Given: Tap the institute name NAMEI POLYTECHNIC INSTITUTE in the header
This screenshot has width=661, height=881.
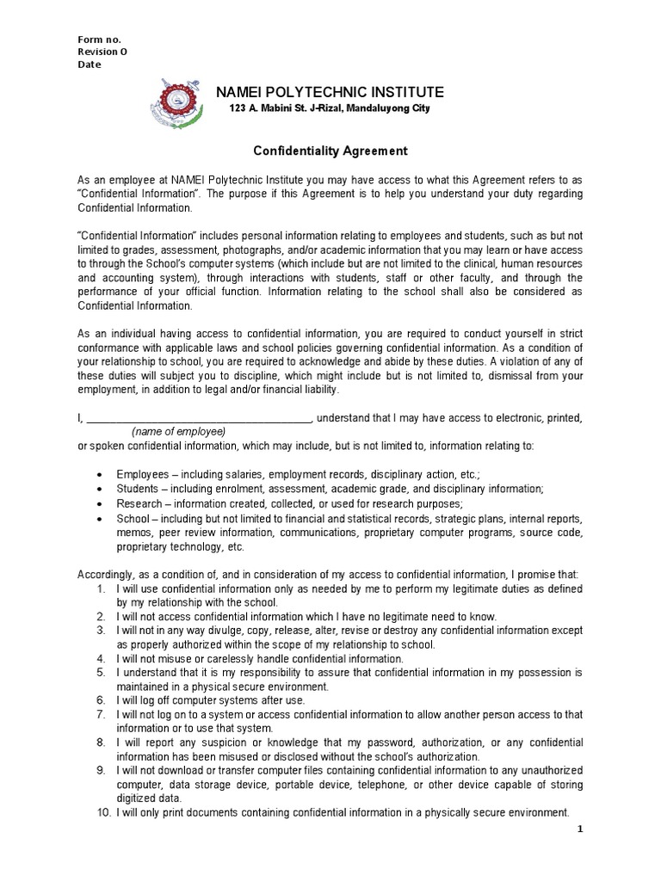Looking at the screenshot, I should (x=330, y=92).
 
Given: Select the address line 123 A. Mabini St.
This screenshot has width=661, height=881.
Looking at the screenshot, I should (x=330, y=108).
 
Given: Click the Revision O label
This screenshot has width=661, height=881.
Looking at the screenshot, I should (x=102, y=52).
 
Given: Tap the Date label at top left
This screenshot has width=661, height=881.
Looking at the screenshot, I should (x=90, y=64).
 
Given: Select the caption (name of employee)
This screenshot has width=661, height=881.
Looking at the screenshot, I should (x=178, y=431).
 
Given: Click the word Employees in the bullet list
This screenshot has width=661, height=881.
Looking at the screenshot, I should (x=143, y=474).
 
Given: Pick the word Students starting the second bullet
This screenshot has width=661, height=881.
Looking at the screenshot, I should (x=139, y=489).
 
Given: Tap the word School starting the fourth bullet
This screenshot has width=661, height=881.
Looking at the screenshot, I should (x=133, y=519).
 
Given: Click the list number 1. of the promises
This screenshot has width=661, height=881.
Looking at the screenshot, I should (x=102, y=589).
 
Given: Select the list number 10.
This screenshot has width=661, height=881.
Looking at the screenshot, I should (x=102, y=812).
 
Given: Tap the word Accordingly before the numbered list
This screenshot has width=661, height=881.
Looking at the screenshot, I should (x=109, y=574).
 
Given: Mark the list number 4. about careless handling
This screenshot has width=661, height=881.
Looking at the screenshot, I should (x=102, y=658).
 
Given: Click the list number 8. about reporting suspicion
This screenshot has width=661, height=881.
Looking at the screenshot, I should (x=102, y=742).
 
